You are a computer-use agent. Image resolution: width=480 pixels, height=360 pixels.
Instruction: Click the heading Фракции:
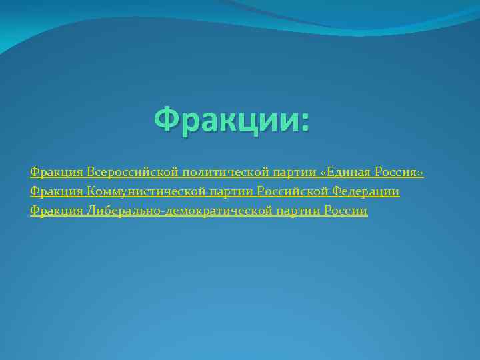pos(232,120)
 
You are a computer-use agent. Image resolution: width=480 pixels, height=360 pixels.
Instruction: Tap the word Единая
pos(349,173)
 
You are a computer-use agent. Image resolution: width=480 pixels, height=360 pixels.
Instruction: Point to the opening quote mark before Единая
pos(323,173)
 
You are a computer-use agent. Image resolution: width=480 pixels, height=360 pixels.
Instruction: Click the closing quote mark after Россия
pos(420,173)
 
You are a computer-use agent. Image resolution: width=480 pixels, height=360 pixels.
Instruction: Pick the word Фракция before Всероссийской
pos(57,173)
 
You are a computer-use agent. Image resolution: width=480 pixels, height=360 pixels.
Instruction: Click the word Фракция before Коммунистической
pos(57,192)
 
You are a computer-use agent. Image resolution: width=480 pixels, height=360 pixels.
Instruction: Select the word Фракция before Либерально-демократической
pos(57,211)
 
